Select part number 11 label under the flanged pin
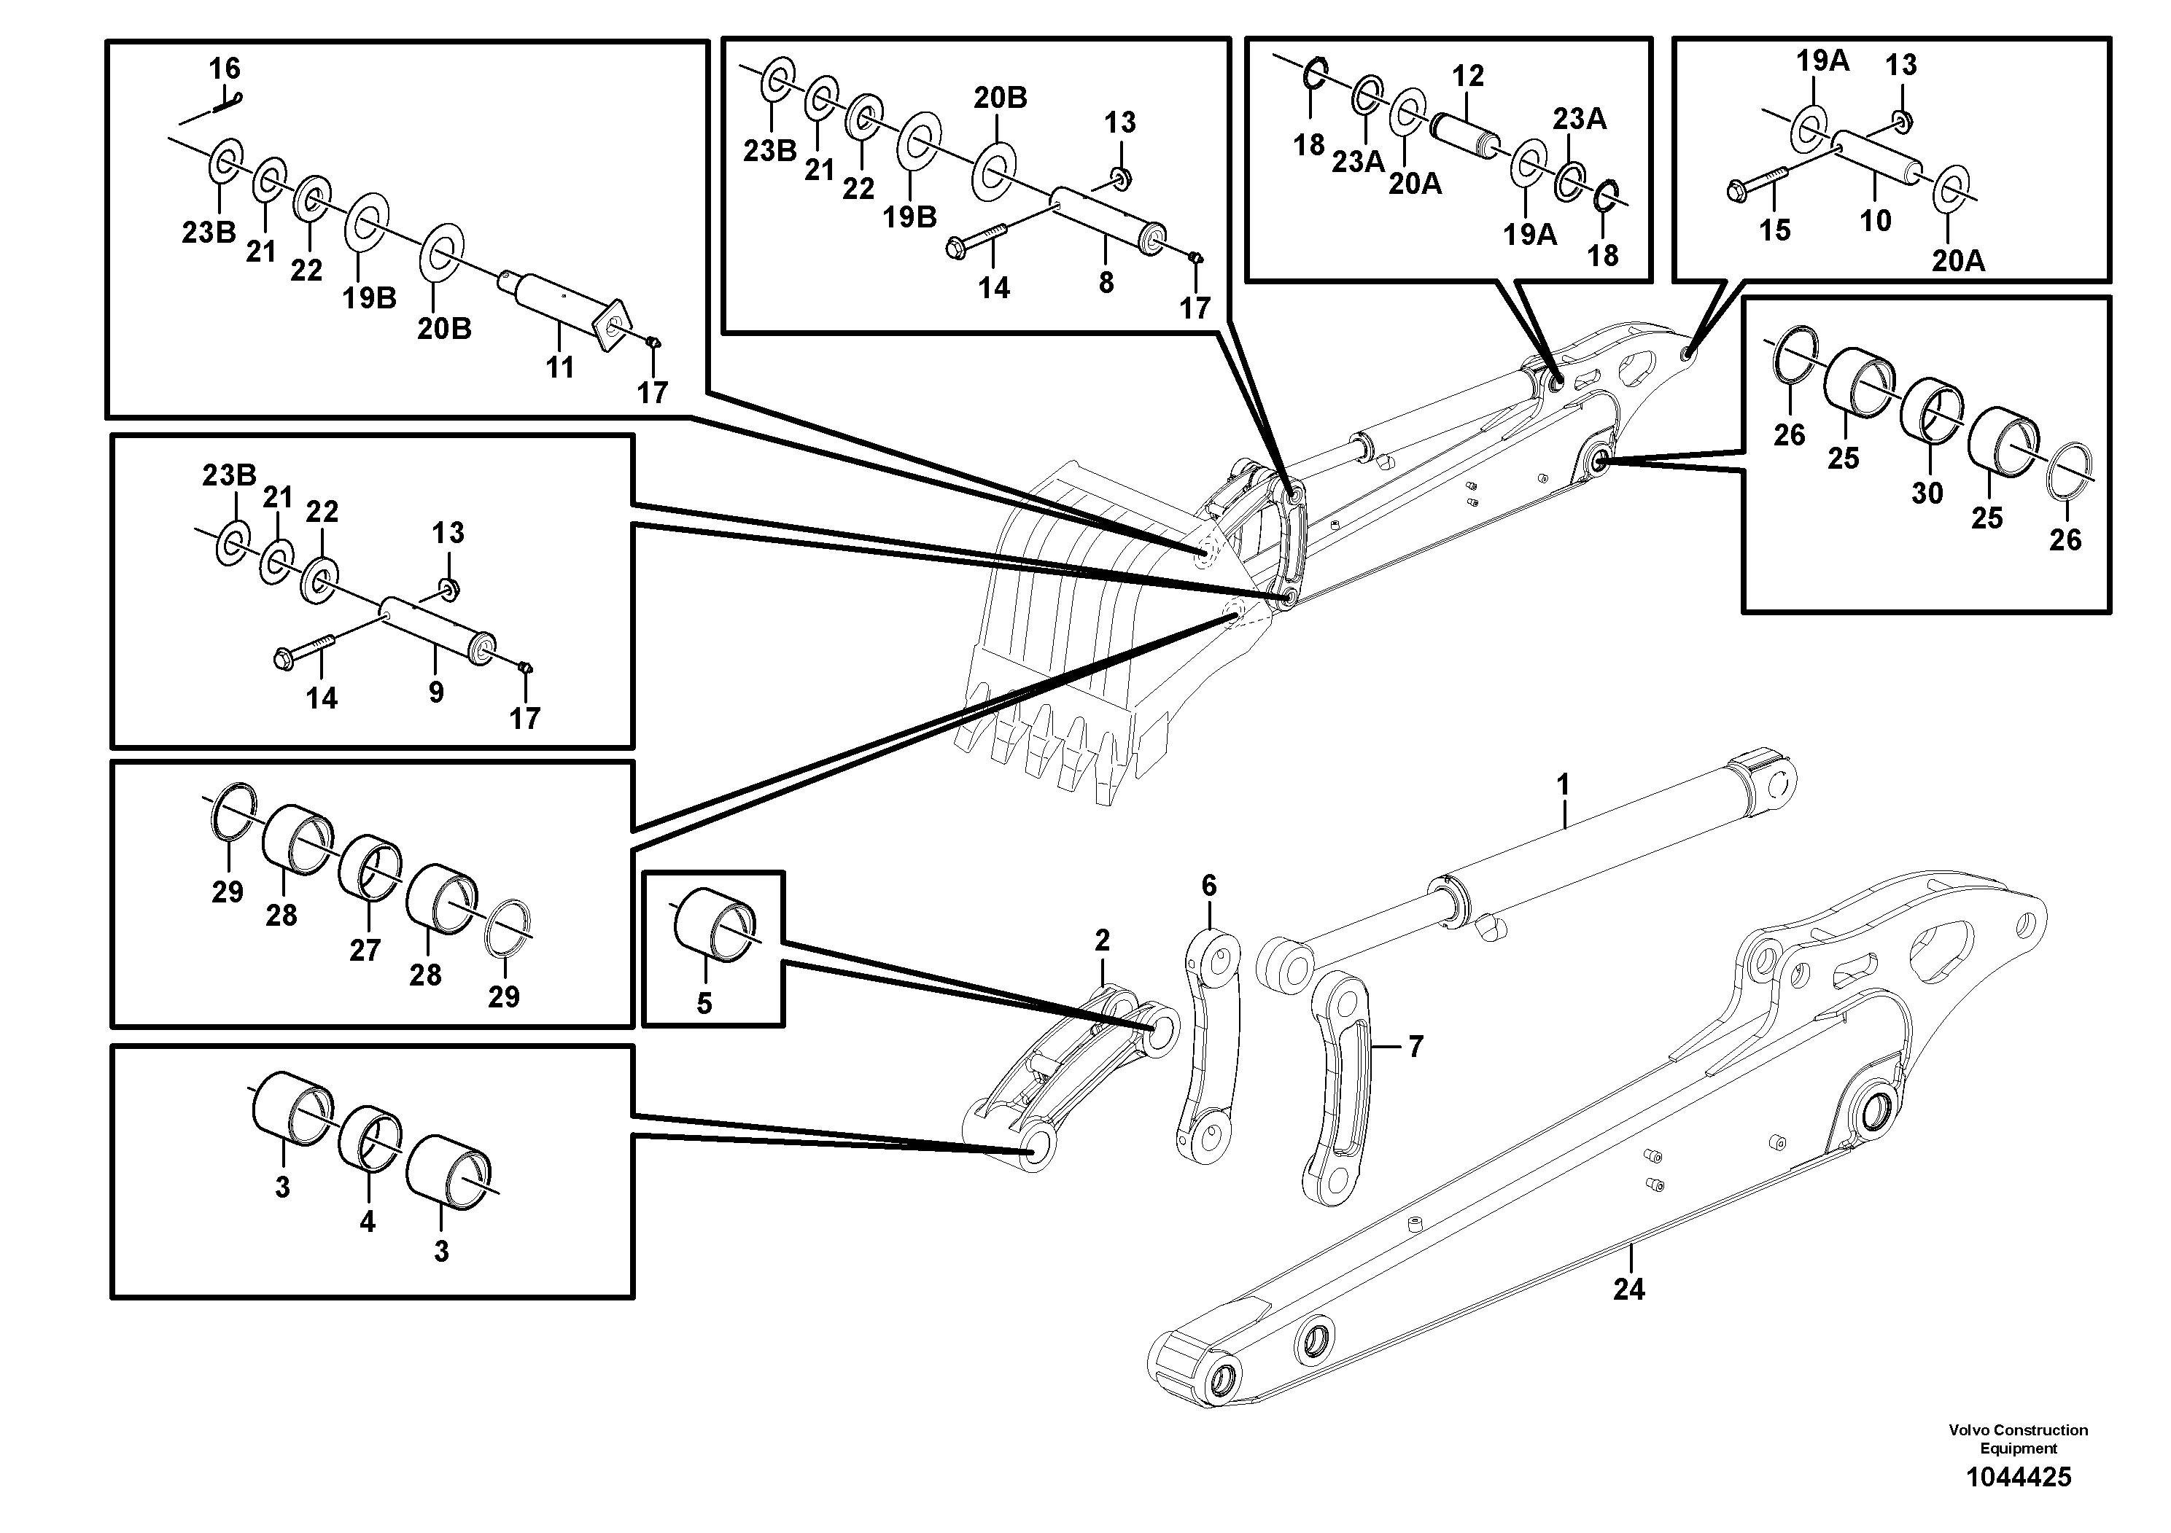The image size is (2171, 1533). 560,367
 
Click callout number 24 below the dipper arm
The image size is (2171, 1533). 1628,1289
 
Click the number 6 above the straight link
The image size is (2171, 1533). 1208,886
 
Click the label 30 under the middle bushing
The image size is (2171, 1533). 1927,493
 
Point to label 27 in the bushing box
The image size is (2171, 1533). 365,950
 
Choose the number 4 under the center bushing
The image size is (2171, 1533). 367,1221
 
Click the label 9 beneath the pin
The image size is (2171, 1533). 436,692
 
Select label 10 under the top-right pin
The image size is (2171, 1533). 1875,220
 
